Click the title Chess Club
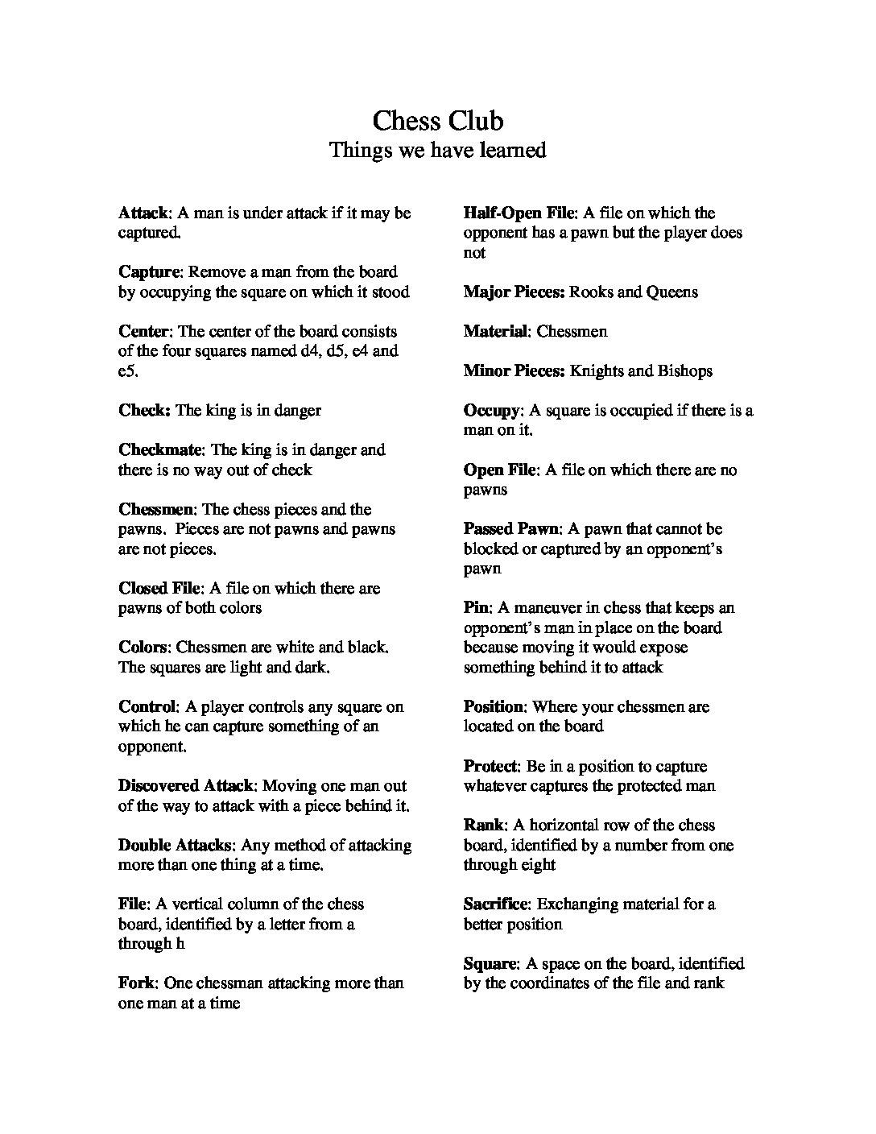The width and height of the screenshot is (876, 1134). pos(438,121)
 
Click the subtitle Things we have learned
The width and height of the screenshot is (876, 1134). pos(438,151)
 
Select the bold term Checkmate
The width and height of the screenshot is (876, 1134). pos(161,450)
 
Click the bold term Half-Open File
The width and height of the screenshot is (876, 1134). pos(519,213)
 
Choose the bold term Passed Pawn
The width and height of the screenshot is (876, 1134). pos(511,529)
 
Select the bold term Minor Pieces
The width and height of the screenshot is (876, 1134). pos(514,371)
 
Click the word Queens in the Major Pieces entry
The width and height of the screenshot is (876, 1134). pos(671,292)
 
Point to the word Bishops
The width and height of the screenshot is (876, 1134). pos(684,371)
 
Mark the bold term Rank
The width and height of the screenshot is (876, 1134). pos(484,826)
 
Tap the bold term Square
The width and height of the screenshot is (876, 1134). pos(490,964)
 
